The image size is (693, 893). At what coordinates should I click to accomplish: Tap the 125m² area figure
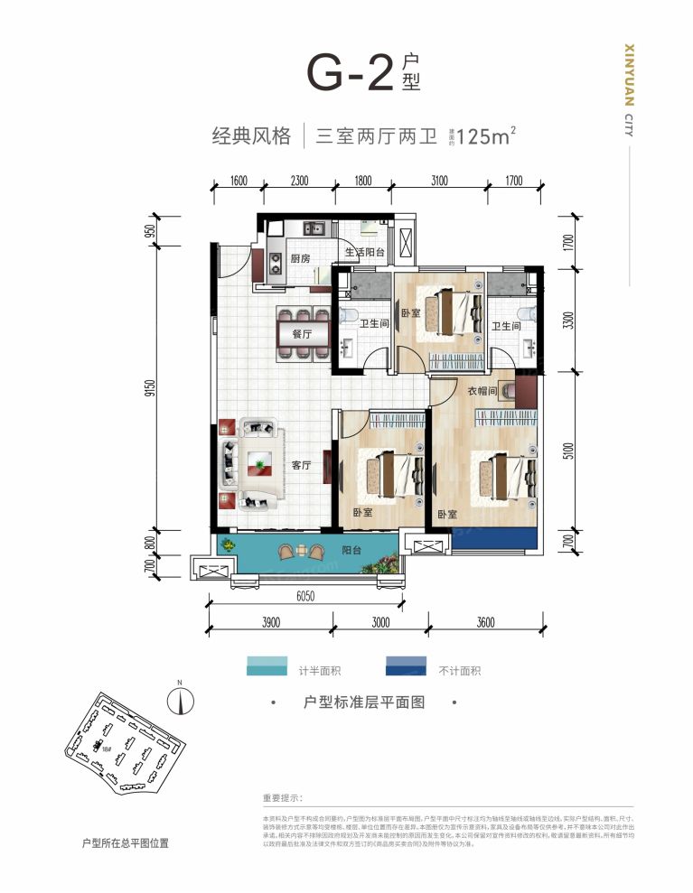click(486, 137)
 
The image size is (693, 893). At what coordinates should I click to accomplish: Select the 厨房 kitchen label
click(300, 259)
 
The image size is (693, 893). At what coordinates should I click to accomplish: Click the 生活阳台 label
click(365, 252)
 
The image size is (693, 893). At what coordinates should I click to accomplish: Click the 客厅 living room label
click(301, 466)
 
